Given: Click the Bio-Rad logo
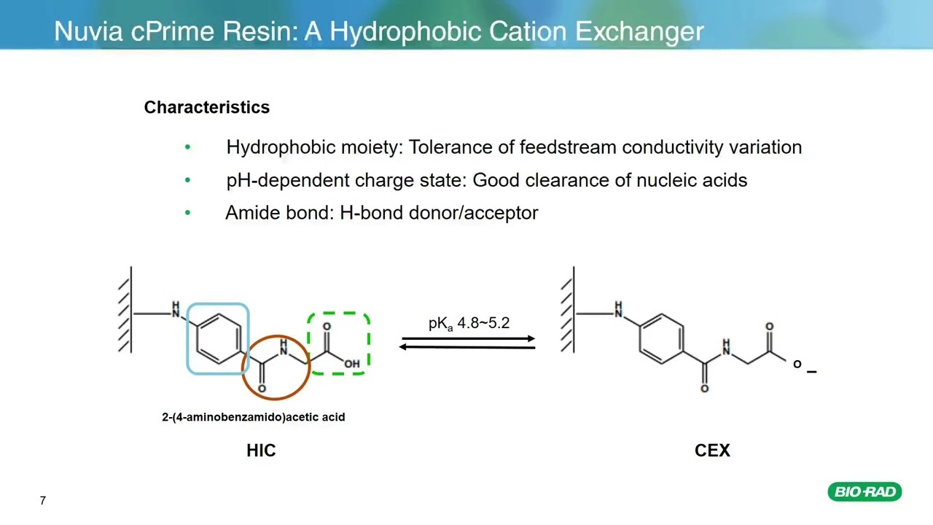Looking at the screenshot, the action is coord(864,491).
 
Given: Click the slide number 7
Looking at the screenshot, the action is coord(43,500).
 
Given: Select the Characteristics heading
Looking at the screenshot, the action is coord(206,107).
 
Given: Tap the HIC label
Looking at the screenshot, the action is coord(261,451).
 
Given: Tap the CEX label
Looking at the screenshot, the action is coord(712,451).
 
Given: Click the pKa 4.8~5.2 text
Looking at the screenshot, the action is coord(469,323).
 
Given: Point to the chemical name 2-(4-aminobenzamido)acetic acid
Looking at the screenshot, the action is coord(253,417).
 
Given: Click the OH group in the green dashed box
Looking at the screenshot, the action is coord(352,364).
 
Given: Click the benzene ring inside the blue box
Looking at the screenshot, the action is coord(219,339).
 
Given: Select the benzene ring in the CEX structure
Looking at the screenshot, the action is coord(661,339).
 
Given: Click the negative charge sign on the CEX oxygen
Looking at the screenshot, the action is coord(811,372).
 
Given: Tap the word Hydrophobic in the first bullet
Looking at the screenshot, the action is coord(281,147).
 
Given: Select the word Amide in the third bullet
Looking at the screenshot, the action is coord(252,213).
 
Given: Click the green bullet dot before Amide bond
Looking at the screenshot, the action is coord(187,213).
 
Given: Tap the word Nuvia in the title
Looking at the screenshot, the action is coord(88,31).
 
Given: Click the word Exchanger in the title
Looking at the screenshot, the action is coord(639,32).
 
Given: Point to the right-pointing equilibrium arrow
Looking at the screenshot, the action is coord(469,339).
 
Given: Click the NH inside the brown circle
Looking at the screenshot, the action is coord(284,347).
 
